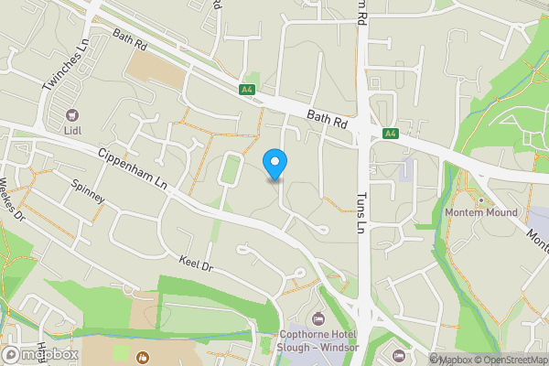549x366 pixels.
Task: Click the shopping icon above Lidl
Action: [72, 116]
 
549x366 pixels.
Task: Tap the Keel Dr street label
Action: [196, 264]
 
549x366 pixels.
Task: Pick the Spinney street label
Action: [89, 190]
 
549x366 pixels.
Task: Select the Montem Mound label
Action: [481, 212]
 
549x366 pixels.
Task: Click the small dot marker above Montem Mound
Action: [481, 199]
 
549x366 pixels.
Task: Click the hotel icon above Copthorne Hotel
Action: [318, 318]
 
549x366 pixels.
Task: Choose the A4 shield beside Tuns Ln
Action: [391, 134]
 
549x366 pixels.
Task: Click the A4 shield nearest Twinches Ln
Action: [246, 89]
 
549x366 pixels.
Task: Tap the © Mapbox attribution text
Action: [454, 360]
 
